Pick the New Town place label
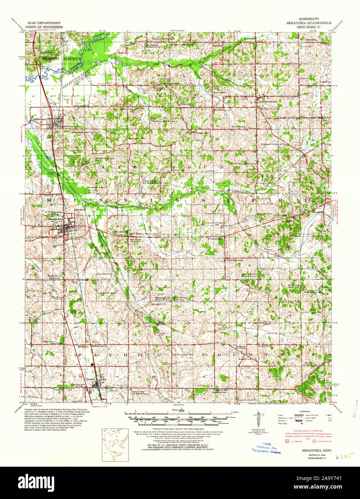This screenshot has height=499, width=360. pos(136,233)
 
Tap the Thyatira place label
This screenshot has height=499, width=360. pos(317,212)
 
